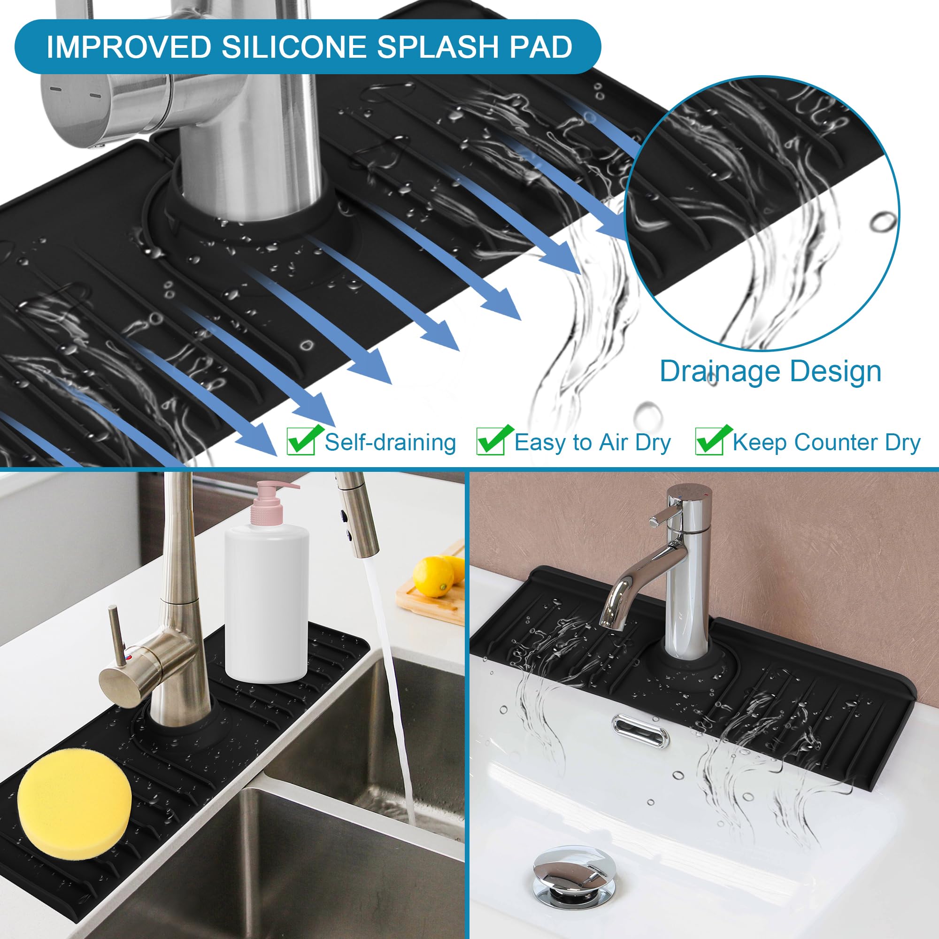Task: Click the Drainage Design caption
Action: pyautogui.click(x=770, y=371)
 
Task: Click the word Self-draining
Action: pyautogui.click(x=390, y=442)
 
